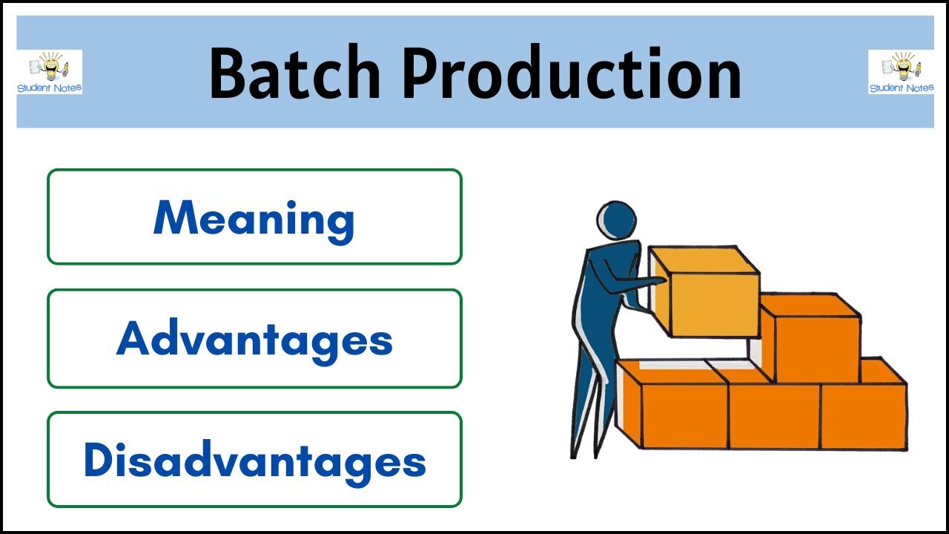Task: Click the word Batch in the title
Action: [294, 73]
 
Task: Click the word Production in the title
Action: [572, 73]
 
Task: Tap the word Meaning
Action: [254, 218]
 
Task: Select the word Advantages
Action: [254, 339]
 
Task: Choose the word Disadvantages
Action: [254, 460]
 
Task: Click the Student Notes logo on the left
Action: [50, 72]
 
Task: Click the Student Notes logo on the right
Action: [901, 72]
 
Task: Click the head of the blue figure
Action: [616, 221]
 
